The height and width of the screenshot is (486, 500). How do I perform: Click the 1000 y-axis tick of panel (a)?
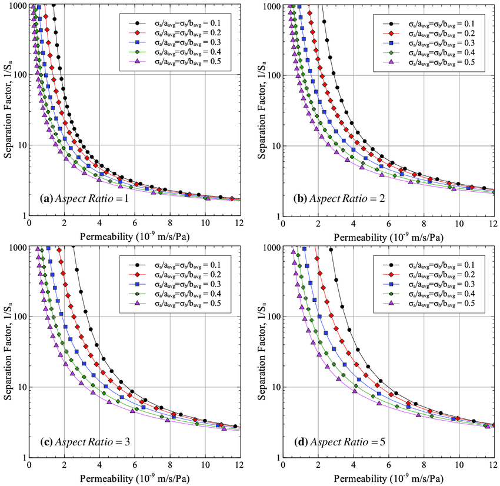(x=16, y=5)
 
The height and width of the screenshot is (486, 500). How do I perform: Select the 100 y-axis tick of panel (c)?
(x=18, y=317)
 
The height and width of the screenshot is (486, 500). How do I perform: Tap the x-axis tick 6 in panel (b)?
(x=388, y=224)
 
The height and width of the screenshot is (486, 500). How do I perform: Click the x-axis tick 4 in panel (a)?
(x=99, y=224)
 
